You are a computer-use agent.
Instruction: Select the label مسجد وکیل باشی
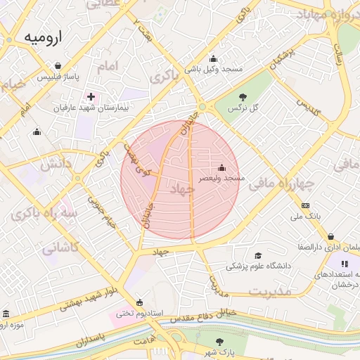pos(213,69)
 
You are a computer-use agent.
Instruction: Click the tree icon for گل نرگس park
pos(243,96)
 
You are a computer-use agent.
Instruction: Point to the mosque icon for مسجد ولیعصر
pos(222,168)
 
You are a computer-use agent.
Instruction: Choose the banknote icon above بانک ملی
pos(305,205)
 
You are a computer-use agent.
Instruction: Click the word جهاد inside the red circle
pos(181,191)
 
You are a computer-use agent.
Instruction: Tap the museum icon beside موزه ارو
pos(7,314)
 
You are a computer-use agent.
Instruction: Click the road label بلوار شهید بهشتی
pos(94,295)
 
